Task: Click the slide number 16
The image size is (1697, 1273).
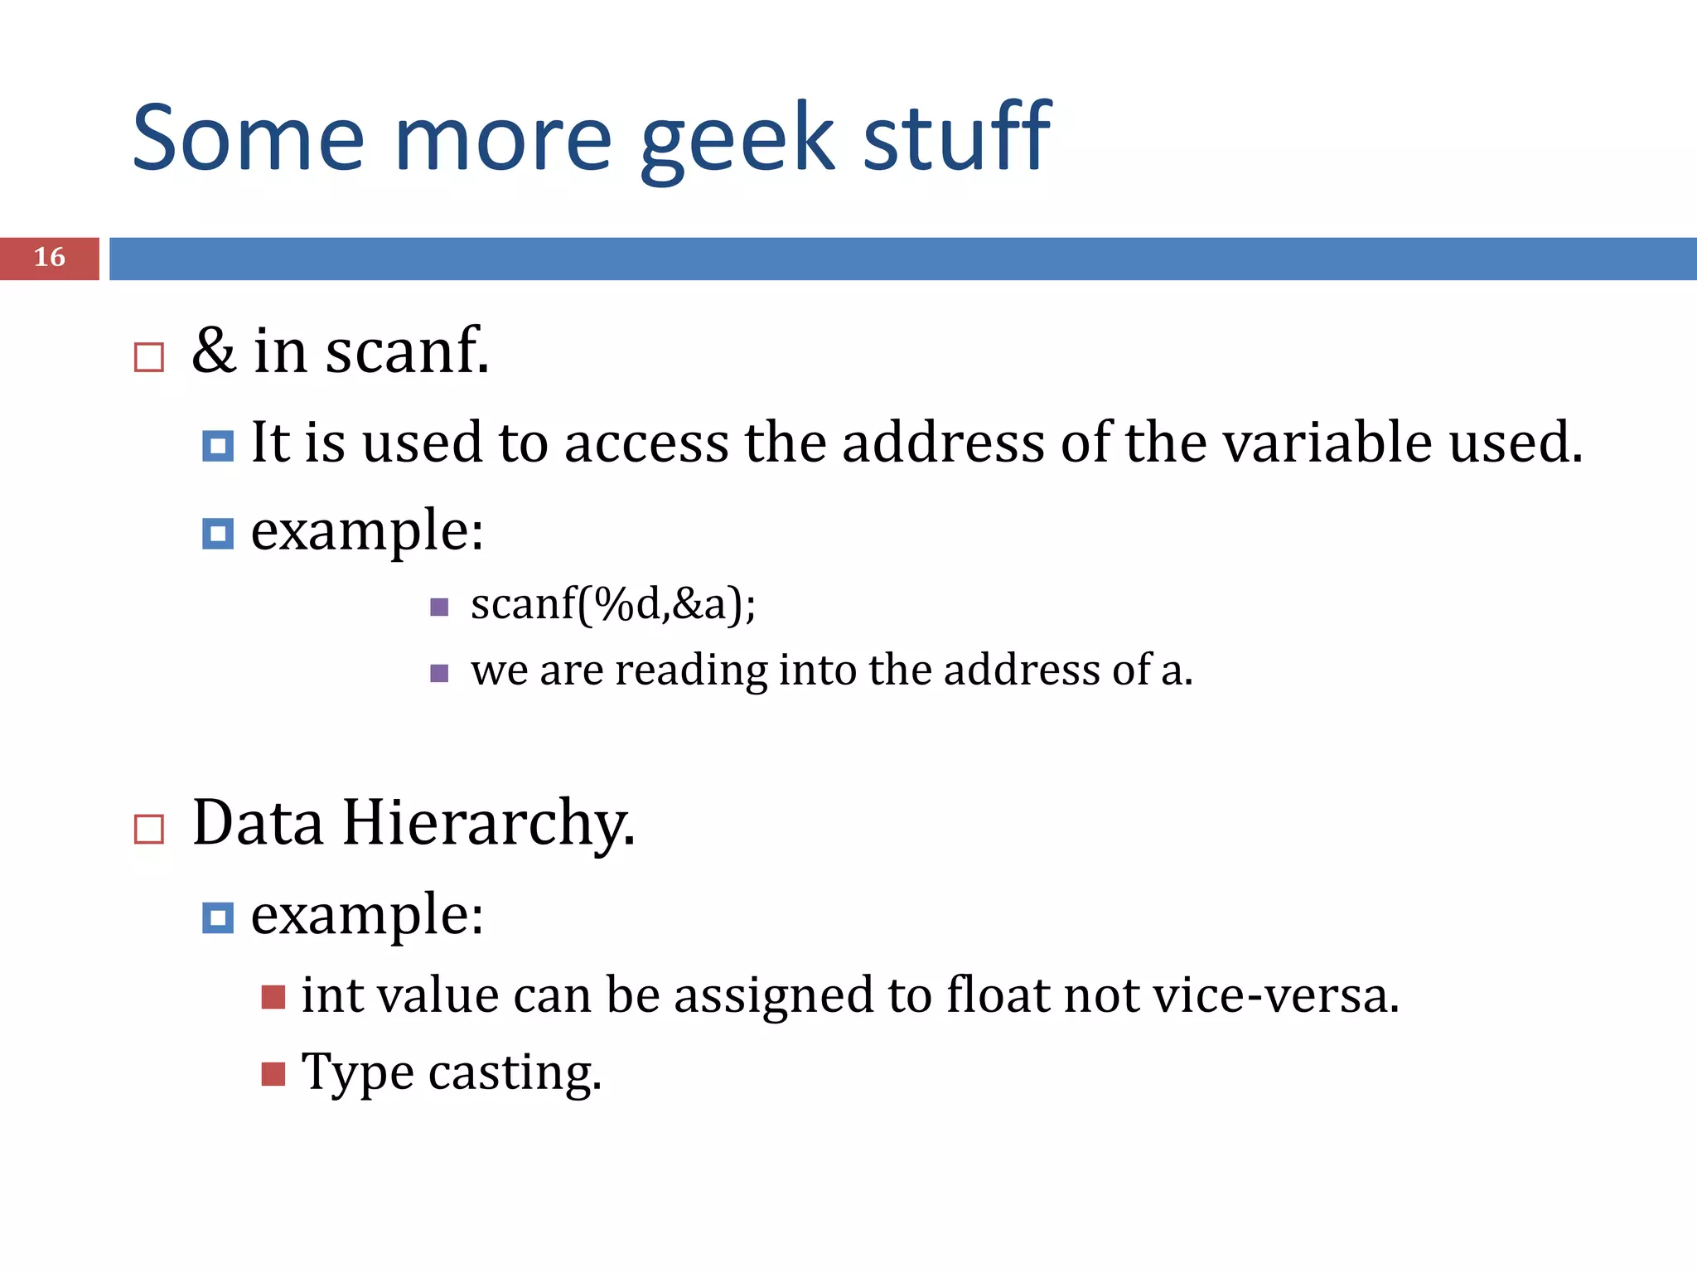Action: pos(50,258)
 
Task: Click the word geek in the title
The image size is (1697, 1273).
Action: pos(737,139)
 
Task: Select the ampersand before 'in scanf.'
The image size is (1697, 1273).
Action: pos(213,351)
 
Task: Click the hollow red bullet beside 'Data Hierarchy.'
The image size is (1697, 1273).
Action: pos(149,829)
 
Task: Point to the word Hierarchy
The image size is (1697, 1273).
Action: pos(488,825)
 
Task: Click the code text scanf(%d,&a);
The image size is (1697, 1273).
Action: pos(612,603)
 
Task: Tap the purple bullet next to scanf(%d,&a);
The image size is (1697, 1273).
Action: pos(440,607)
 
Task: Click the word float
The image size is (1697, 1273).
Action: pos(998,995)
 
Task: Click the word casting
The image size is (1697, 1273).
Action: pos(515,1074)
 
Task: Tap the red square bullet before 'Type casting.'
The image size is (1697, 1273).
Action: pos(273,1074)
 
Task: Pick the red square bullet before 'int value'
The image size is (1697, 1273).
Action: pos(273,997)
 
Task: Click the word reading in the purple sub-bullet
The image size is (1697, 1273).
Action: pos(691,671)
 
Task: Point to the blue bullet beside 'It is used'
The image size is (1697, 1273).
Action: pos(218,446)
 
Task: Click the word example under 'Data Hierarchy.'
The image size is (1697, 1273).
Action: pos(366,916)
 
